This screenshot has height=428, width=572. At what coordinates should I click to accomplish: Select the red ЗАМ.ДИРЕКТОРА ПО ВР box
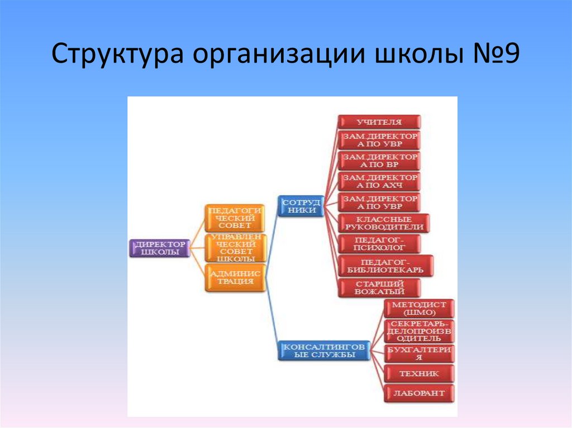[379, 161]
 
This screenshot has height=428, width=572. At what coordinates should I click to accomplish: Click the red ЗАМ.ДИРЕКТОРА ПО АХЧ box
[379, 181]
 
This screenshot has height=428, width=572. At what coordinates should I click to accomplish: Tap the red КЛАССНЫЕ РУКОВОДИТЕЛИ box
[384, 223]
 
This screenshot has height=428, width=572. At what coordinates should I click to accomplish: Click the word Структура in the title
[119, 57]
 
